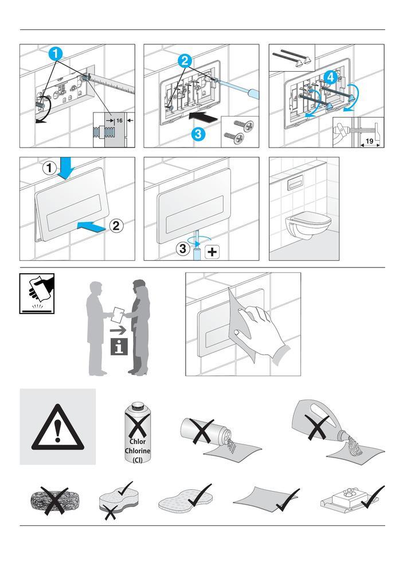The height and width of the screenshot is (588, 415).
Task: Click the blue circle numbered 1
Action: [x=56, y=53]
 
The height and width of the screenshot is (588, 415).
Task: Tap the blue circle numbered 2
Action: [x=185, y=61]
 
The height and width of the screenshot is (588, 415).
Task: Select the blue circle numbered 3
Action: [x=198, y=134]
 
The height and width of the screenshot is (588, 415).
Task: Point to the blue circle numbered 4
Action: [x=330, y=78]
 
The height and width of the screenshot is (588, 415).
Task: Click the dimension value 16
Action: [x=119, y=121]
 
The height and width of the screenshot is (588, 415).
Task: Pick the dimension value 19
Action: [x=369, y=141]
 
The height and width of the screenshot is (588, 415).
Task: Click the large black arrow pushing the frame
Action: [x=203, y=117]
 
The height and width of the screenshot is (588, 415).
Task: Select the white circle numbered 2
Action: [x=116, y=226]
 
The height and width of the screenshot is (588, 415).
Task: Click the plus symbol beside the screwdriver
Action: [x=212, y=252]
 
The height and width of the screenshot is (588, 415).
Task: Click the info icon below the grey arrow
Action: [x=119, y=346]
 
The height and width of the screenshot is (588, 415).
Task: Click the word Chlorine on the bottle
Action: [x=138, y=451]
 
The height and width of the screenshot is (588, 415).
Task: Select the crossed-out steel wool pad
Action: [x=49, y=500]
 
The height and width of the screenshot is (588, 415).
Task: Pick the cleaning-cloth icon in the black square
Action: [x=37, y=293]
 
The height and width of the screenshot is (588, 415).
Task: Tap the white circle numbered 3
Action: [x=183, y=249]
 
